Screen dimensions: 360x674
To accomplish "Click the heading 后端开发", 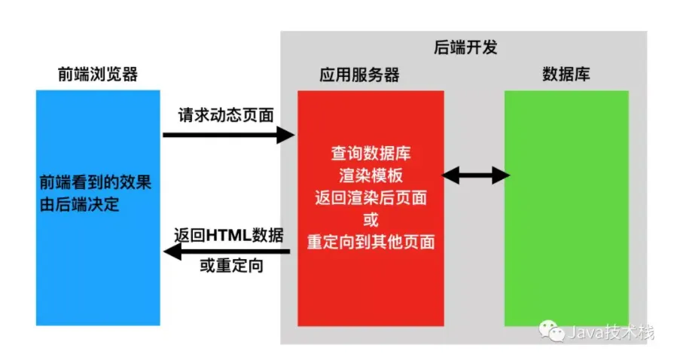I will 466,47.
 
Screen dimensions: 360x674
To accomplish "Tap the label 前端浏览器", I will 98,75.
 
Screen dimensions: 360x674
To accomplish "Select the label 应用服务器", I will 359,75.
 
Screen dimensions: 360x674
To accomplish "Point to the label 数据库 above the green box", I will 566,75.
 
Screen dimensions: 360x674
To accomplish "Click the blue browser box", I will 98,279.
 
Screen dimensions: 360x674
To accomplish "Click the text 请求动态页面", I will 226,115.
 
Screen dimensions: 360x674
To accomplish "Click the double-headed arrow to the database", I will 475,176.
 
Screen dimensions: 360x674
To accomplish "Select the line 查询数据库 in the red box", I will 371,154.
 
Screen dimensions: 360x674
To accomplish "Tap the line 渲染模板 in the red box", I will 371,176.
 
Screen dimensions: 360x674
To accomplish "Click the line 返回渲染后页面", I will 371,199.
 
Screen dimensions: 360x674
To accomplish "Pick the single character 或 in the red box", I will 371,221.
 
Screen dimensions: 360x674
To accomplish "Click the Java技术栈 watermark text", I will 611,332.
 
